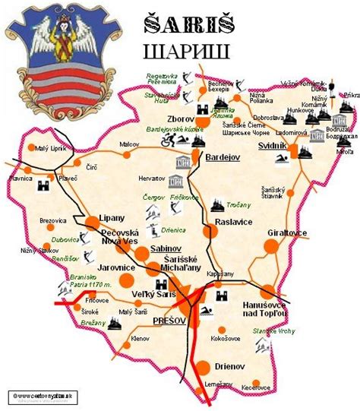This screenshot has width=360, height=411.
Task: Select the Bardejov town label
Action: pyautogui.click(x=223, y=156)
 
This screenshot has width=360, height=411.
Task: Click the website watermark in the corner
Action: pyautogui.click(x=43, y=395)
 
